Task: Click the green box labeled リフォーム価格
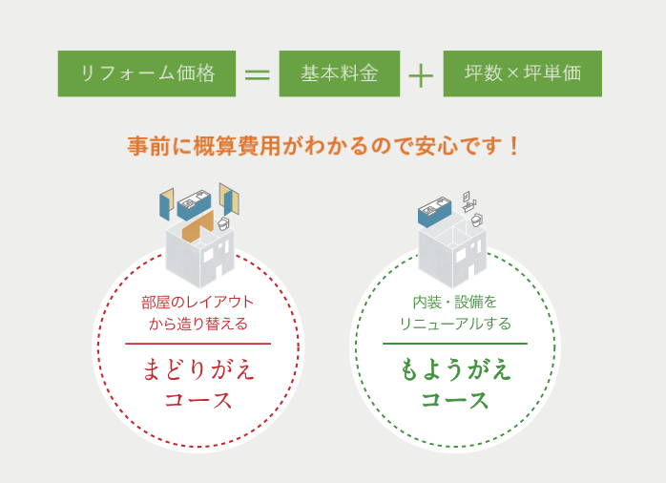[147, 73]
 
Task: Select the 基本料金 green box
[340, 73]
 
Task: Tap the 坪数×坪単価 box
[523, 73]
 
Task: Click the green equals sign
[258, 74]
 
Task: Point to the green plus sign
[421, 75]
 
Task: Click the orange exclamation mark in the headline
[514, 146]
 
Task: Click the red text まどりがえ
[198, 369]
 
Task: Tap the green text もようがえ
[455, 369]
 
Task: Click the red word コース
[198, 400]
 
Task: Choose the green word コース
[455, 400]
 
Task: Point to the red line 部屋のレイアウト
[198, 303]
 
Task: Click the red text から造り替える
[198, 325]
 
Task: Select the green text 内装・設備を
[455, 303]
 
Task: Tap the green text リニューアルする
[455, 325]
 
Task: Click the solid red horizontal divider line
[198, 344]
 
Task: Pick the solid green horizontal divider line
[455, 344]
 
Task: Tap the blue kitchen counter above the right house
[434, 212]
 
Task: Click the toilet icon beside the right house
[477, 220]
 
